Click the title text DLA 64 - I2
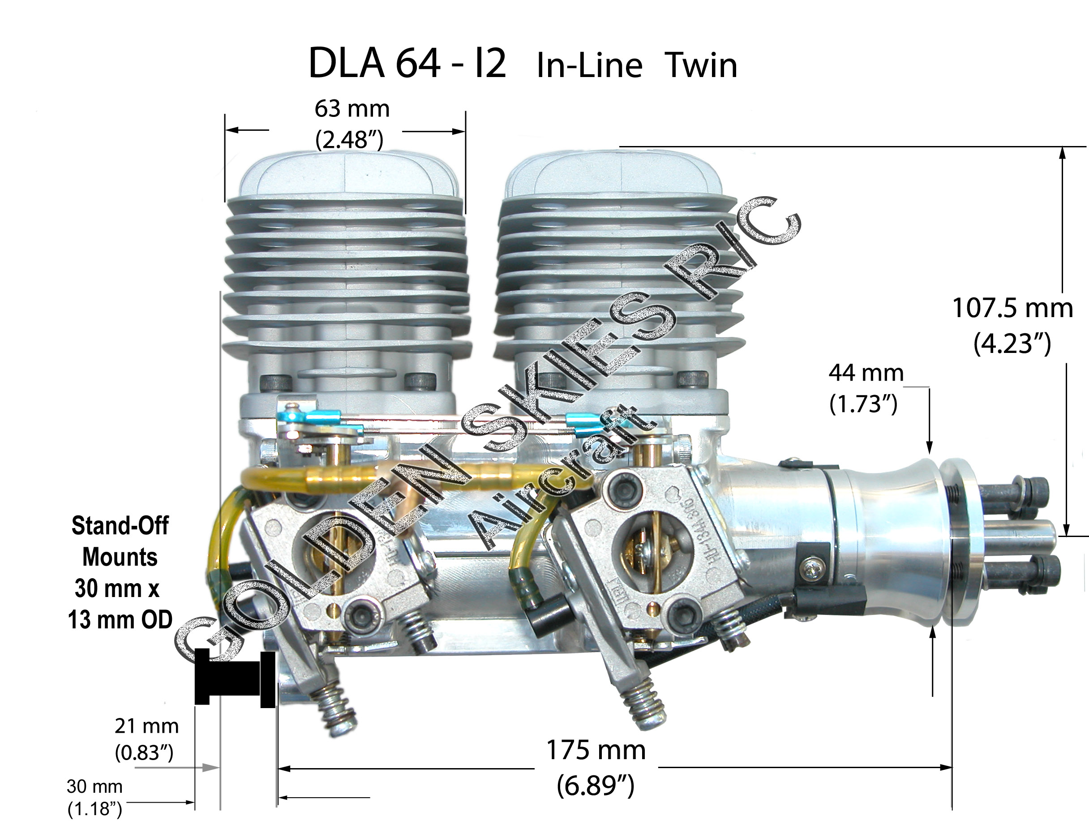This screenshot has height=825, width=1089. [x=407, y=64]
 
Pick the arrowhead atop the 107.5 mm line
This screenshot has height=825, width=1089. [x=1062, y=153]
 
